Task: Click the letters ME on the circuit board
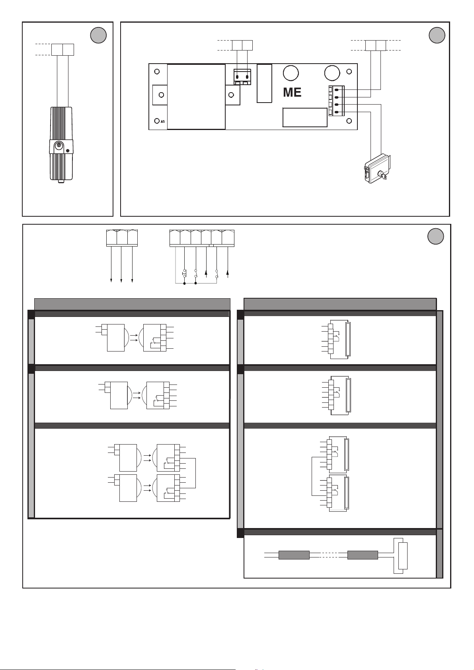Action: pyautogui.click(x=292, y=92)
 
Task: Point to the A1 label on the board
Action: pyautogui.click(x=163, y=122)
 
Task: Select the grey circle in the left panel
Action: pyautogui.click(x=98, y=35)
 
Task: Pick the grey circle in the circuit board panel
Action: pyautogui.click(x=437, y=35)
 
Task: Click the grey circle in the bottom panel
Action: pyautogui.click(x=435, y=237)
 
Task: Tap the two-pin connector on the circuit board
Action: pyautogui.click(x=242, y=77)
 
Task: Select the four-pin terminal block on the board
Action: pyautogui.click(x=337, y=101)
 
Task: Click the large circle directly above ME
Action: pyautogui.click(x=291, y=73)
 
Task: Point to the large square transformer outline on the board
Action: pyautogui.click(x=196, y=97)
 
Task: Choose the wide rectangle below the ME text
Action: pyautogui.click(x=305, y=117)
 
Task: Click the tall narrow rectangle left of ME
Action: pyautogui.click(x=264, y=84)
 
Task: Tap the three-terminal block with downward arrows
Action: pyautogui.click(x=122, y=238)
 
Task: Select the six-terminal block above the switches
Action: pyautogui.click(x=202, y=239)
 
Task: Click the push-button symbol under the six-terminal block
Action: pyautogui.click(x=184, y=273)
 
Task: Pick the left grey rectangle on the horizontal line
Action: pyautogui.click(x=294, y=555)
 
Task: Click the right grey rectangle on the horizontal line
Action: pyautogui.click(x=363, y=555)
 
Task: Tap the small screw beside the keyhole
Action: pyautogui.click(x=68, y=150)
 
